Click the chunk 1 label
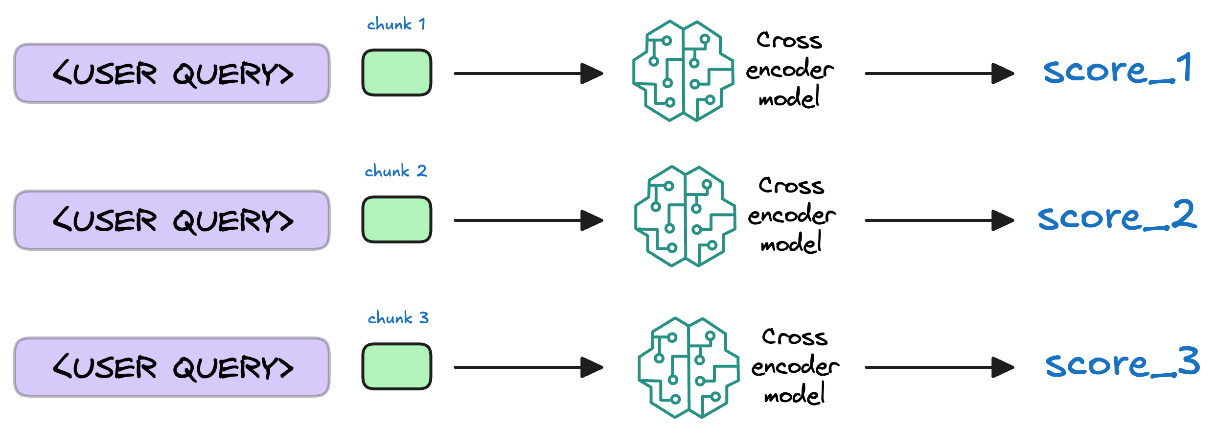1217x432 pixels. click(x=396, y=24)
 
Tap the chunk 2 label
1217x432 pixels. click(x=395, y=171)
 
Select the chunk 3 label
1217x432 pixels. click(x=398, y=318)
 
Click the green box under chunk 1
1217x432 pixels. click(x=396, y=72)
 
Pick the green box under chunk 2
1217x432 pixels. click(x=396, y=219)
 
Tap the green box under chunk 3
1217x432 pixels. click(x=396, y=366)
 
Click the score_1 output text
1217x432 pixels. click(x=1117, y=70)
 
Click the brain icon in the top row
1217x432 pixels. click(x=683, y=71)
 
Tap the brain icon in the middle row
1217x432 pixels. click(x=685, y=216)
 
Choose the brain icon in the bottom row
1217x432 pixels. click(x=688, y=368)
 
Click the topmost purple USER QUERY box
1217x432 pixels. click(x=172, y=73)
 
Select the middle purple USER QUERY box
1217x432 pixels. click(x=172, y=220)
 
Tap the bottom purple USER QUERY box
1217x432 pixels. click(x=172, y=367)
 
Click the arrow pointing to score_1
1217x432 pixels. click(x=939, y=73)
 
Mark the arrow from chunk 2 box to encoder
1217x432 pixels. click(x=528, y=220)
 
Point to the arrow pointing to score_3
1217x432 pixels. click(x=939, y=367)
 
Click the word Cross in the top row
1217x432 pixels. click(x=789, y=40)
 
